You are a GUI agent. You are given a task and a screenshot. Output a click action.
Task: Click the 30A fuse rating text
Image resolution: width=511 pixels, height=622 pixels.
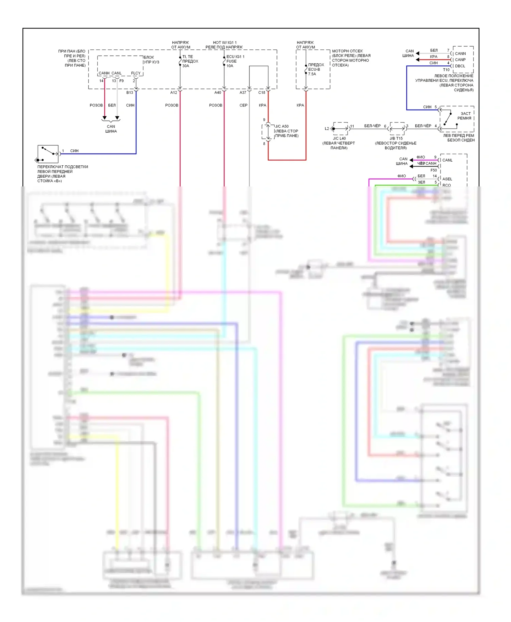[186, 66]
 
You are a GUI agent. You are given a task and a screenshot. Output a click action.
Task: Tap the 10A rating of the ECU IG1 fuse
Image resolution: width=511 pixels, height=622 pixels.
[230, 66]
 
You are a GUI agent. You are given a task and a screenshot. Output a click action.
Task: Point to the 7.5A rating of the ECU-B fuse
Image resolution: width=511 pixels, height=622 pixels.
[312, 74]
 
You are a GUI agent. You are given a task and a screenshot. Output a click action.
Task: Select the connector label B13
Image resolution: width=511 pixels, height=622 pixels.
[130, 93]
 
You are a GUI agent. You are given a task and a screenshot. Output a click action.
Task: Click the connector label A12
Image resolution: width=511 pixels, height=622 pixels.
[174, 93]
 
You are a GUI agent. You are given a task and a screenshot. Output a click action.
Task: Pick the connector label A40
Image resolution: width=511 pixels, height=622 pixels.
[218, 93]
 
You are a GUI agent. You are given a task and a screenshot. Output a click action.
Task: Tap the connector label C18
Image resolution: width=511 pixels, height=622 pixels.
[262, 93]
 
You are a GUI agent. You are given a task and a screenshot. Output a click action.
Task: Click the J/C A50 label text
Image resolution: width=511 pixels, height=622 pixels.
[282, 126]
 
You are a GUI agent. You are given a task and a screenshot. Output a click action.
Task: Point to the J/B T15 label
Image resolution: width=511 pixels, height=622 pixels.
[396, 138]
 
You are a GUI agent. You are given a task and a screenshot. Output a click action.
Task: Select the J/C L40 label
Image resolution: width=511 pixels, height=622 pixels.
[339, 138]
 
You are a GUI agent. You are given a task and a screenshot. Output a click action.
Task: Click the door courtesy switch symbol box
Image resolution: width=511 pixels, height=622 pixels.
[48, 154]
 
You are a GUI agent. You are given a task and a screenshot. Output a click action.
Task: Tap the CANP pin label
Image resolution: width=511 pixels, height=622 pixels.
[460, 60]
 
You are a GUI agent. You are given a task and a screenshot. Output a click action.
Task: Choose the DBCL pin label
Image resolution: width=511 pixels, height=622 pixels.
[460, 66]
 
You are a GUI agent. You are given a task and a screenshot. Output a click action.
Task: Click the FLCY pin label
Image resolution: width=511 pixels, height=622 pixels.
[136, 73]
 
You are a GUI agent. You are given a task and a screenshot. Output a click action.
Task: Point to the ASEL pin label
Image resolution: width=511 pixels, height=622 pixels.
[447, 179]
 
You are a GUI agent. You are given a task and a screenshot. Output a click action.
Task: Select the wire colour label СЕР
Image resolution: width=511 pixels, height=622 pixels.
[244, 105]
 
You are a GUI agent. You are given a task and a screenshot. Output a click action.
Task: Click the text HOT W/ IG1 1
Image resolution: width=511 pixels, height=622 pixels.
[225, 43]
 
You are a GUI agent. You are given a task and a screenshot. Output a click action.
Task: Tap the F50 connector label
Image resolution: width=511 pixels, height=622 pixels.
[434, 170]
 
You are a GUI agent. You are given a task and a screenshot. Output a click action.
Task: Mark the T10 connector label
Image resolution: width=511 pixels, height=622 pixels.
[446, 70]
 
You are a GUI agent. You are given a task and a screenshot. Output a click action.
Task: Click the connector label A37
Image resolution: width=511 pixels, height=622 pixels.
[243, 93]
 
